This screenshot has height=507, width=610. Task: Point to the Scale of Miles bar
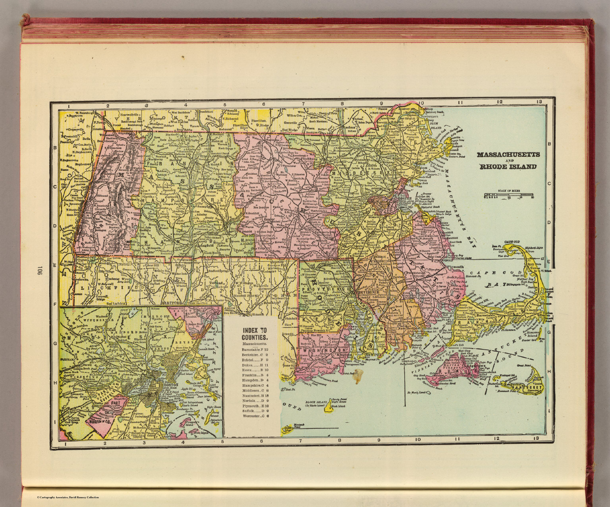coord(509,195)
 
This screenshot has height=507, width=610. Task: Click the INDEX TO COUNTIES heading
coord(255,334)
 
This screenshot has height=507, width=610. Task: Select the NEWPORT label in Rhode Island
coord(376,353)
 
